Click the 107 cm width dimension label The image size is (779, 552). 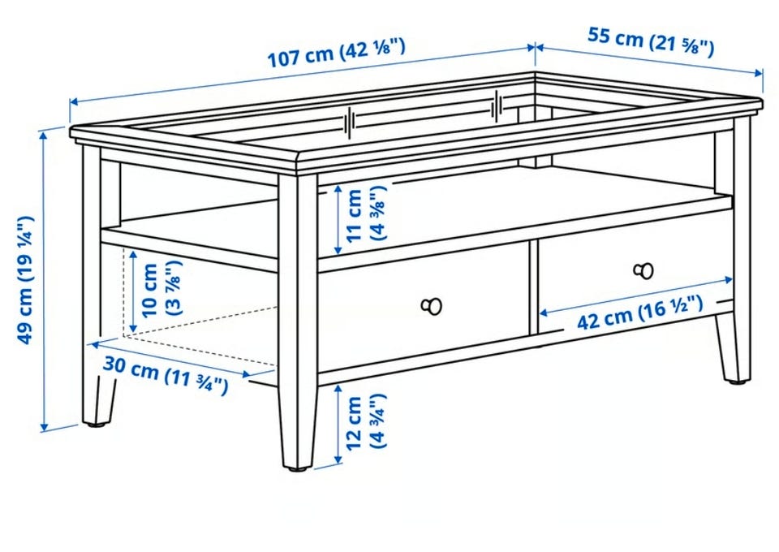(336, 53)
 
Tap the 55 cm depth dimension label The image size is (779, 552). (651, 41)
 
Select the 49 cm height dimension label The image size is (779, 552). (25, 280)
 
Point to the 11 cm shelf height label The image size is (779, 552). (365, 213)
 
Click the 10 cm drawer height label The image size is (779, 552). (161, 290)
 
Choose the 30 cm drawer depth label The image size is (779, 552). (166, 375)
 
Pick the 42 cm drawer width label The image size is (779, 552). (640, 313)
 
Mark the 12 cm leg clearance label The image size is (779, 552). (365, 422)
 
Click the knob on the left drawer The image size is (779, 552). (431, 306)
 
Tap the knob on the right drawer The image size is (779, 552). (643, 271)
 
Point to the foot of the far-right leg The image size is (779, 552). (738, 381)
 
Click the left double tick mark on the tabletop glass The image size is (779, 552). (350, 121)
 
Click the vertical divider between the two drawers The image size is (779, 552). (534, 287)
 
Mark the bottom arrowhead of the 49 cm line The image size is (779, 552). (44, 426)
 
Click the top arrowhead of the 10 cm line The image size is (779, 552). (132, 256)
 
